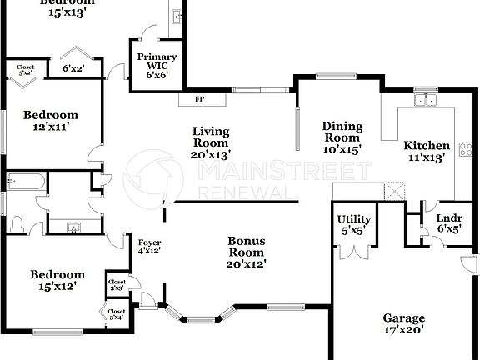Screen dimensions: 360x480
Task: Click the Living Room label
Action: click(x=211, y=142)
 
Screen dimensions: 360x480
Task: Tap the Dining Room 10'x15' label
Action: click(x=342, y=137)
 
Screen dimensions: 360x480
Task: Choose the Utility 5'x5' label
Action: click(x=353, y=225)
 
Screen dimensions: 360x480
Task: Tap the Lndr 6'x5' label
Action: click(x=437, y=222)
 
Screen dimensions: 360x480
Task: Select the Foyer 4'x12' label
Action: click(x=150, y=246)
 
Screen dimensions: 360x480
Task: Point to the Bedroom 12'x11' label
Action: click(x=50, y=121)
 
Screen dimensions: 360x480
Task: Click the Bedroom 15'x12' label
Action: click(x=57, y=280)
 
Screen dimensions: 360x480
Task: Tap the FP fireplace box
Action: click(x=200, y=99)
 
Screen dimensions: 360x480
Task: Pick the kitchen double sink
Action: click(x=428, y=102)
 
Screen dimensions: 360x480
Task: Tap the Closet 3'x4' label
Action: click(x=116, y=314)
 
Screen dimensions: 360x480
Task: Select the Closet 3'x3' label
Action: click(x=117, y=285)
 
